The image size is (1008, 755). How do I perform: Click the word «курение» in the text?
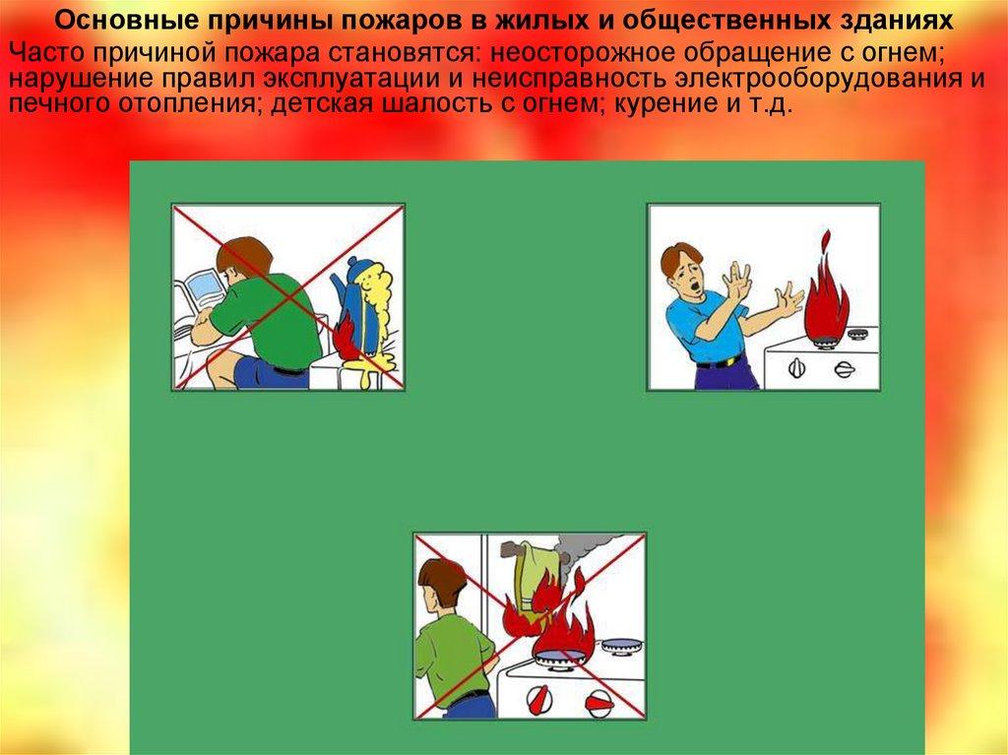(667, 103)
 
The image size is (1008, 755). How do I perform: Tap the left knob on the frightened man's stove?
(796, 368)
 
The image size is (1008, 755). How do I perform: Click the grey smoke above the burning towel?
(589, 554)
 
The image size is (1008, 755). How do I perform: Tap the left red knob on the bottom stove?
(537, 697)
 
